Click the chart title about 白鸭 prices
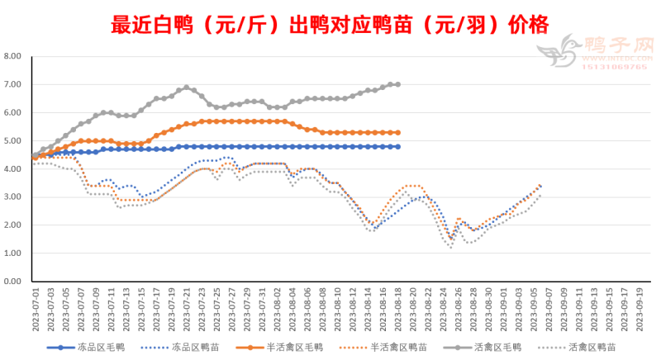[x=330, y=22]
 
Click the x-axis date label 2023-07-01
[x=36, y=310]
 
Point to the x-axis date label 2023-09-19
[x=640, y=310]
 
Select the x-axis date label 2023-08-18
[x=398, y=310]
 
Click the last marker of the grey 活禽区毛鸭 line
[x=398, y=84]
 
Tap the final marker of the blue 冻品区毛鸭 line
[x=398, y=146]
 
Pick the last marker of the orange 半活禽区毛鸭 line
[x=398, y=132]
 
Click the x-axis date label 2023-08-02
[x=278, y=310]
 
